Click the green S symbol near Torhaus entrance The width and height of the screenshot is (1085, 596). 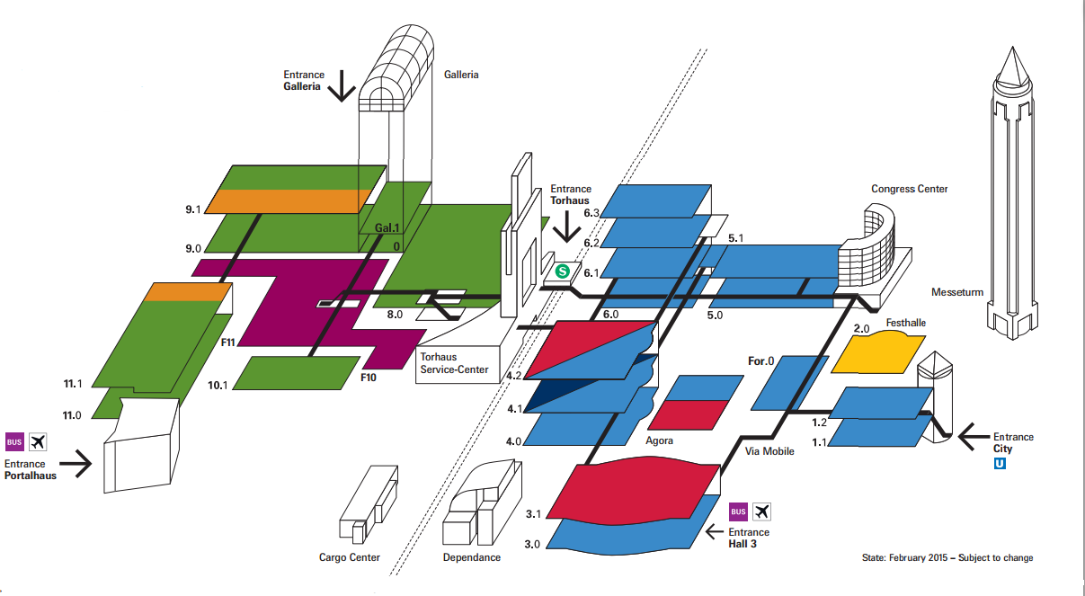[564, 270]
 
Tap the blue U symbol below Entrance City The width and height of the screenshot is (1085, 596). [1000, 464]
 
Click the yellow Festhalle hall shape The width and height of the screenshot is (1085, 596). [877, 352]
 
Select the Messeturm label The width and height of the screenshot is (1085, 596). [957, 292]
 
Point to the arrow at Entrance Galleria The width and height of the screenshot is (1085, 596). [342, 86]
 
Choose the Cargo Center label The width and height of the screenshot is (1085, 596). [350, 557]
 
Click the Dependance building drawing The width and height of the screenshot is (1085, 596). [484, 503]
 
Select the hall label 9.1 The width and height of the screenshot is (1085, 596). [191, 209]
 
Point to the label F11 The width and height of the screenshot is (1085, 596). [227, 342]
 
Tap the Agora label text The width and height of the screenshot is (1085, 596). [660, 441]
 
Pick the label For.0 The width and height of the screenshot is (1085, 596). [760, 361]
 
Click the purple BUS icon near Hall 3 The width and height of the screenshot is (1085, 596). [738, 511]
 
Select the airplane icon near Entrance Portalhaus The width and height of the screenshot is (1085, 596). [38, 441]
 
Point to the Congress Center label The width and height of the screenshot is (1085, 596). [909, 189]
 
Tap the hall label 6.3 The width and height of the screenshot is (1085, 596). [591, 214]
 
